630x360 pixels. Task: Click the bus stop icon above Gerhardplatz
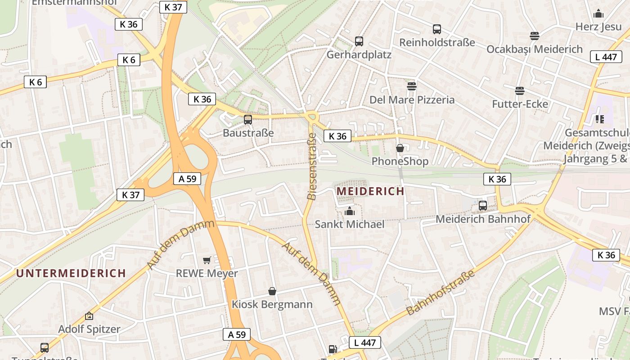click(x=359, y=41)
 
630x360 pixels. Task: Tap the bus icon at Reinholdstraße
click(x=436, y=29)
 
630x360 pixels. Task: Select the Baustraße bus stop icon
click(x=247, y=120)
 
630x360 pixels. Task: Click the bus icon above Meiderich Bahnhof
click(x=483, y=206)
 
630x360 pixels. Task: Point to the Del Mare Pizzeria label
click(x=412, y=100)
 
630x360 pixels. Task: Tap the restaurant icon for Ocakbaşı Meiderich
click(x=534, y=36)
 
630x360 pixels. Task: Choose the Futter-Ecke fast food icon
click(x=520, y=91)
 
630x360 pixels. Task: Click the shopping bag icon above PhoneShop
click(x=400, y=148)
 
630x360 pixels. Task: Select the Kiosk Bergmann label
click(x=272, y=305)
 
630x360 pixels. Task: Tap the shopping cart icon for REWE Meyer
click(x=207, y=260)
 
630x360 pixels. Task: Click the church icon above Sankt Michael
click(x=349, y=211)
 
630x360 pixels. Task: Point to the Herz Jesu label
click(x=598, y=27)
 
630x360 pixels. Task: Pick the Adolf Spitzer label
click(x=89, y=329)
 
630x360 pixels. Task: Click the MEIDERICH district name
click(x=370, y=191)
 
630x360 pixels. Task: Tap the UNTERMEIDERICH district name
click(x=71, y=273)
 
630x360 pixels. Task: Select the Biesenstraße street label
click(x=311, y=166)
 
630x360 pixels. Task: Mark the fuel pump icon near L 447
click(x=333, y=349)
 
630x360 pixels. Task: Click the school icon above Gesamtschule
click(x=599, y=119)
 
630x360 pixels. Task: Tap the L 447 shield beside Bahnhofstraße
click(x=365, y=343)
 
